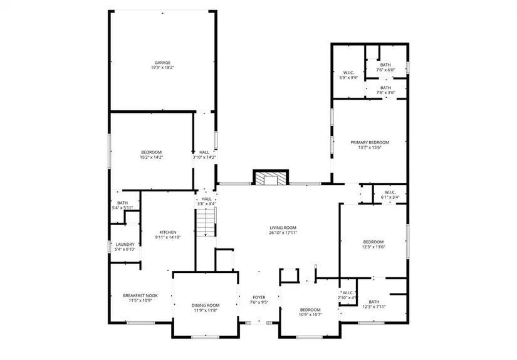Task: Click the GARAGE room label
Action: click(x=162, y=62)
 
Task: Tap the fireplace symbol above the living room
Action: click(x=271, y=177)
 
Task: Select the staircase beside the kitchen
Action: click(x=206, y=222)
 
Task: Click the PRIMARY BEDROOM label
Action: click(x=370, y=142)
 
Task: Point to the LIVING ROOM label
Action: click(x=283, y=228)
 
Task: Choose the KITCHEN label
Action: click(x=168, y=232)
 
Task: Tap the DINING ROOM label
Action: click(x=206, y=305)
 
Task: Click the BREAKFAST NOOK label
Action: click(x=140, y=295)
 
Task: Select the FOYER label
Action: click(x=259, y=297)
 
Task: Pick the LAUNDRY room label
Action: click(x=125, y=245)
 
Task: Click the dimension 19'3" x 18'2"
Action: click(x=162, y=67)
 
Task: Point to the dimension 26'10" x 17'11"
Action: click(x=283, y=233)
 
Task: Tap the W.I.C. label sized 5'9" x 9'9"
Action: click(x=348, y=73)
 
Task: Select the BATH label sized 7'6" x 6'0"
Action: click(x=385, y=65)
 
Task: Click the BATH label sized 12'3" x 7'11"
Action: click(x=374, y=302)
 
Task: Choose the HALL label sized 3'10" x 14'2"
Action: click(x=204, y=152)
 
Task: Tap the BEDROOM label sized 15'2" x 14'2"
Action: click(x=152, y=152)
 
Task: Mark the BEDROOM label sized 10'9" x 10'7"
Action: click(x=310, y=310)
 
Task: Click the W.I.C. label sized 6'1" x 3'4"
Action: click(x=390, y=193)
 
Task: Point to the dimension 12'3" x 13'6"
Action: click(x=373, y=247)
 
